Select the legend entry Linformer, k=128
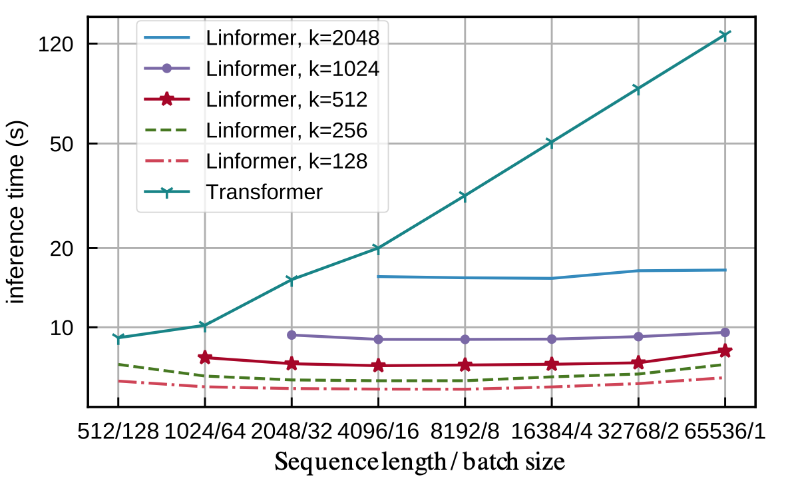click(x=286, y=161)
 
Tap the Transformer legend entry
click(x=264, y=192)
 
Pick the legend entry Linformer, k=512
click(x=286, y=99)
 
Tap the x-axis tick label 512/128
click(x=118, y=432)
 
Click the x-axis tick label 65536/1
click(x=725, y=432)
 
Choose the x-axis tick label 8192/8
click(x=465, y=432)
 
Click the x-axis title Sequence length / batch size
click(x=420, y=462)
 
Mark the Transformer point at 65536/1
click(x=725, y=34)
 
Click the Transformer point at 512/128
click(x=118, y=338)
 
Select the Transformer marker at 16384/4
click(x=551, y=143)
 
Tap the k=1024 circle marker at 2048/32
click(x=292, y=335)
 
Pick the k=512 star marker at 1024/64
click(x=205, y=358)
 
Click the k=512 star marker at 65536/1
click(x=725, y=351)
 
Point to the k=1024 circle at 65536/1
click(x=725, y=332)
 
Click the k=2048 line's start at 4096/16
click(x=378, y=276)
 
